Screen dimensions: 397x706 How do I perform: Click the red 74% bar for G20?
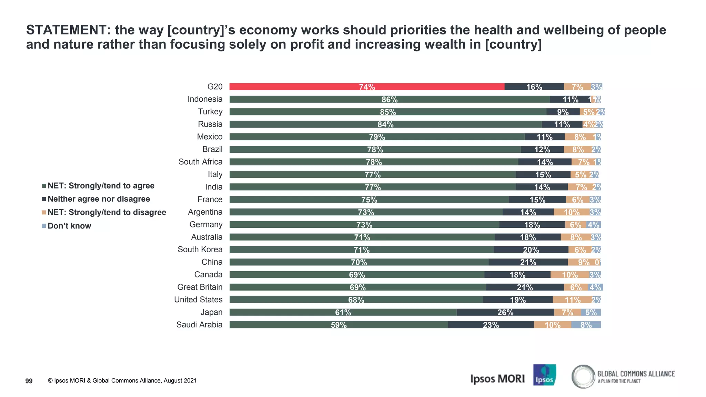[367, 87]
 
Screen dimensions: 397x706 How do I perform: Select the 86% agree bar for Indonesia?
[390, 99]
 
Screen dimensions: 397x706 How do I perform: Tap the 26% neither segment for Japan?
[505, 312]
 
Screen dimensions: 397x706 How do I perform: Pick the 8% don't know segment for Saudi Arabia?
[586, 325]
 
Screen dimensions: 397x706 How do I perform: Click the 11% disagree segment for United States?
[572, 300]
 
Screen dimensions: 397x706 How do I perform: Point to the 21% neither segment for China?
[528, 262]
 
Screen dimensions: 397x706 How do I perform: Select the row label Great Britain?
[200, 287]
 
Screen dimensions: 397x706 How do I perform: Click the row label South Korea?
[200, 250]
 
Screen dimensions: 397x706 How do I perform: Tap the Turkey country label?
[210, 112]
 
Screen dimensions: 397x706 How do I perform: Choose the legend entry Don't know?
[69, 226]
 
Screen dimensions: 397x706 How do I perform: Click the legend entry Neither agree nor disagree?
[99, 199]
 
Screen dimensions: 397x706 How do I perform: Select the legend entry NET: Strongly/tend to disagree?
[107, 212]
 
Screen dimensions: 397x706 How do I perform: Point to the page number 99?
[29, 381]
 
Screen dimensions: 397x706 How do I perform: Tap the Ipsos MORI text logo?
[497, 379]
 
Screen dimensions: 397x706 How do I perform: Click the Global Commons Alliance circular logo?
[583, 377]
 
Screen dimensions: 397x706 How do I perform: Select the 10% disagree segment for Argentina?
[572, 212]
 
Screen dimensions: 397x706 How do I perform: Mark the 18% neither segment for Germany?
[532, 225]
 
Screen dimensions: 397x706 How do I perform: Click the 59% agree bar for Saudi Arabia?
[339, 325]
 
